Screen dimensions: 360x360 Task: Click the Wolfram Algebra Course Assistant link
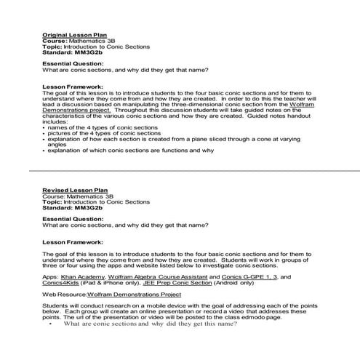[157, 277]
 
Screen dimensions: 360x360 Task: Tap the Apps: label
[51, 277]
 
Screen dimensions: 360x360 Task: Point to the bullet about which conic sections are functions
[131, 151]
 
